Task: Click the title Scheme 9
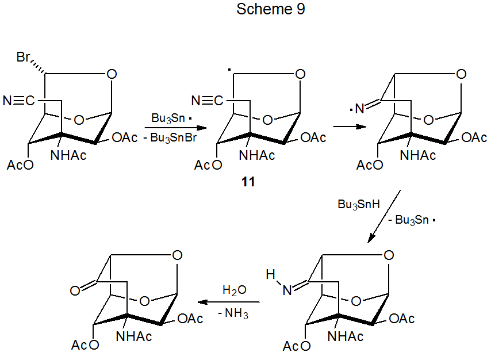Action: click(x=270, y=10)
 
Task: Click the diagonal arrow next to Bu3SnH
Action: click(x=384, y=217)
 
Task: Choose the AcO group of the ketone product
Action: click(x=85, y=345)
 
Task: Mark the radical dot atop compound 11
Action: click(x=228, y=71)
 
